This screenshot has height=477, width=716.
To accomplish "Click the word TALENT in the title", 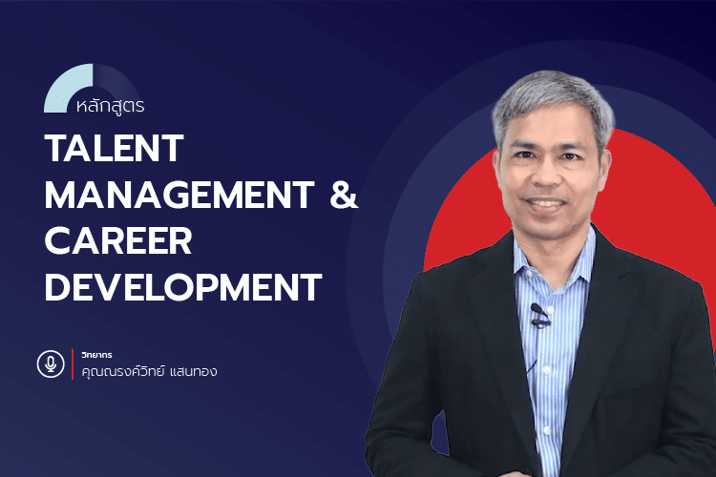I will click(114, 149).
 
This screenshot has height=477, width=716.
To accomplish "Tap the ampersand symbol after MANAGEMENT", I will click(343, 195).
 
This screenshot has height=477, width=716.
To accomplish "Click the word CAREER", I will click(119, 239).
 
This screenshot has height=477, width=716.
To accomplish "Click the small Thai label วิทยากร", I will click(98, 355).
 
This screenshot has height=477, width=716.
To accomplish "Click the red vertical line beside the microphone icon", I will click(73, 364).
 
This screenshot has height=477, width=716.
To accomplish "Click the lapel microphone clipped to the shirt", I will click(539, 312).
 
